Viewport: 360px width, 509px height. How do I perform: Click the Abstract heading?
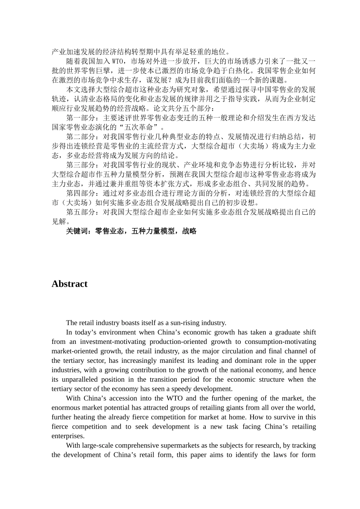pyautogui.click(x=69, y=284)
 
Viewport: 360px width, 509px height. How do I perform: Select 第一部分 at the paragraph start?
pyautogui.click(x=81, y=118)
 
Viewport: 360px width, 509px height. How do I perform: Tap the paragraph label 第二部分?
pyautogui.click(x=81, y=137)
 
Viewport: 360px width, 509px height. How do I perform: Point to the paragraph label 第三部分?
pyautogui.click(x=81, y=165)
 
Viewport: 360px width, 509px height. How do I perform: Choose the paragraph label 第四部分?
pyautogui.click(x=81, y=194)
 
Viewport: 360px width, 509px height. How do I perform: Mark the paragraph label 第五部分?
pyautogui.click(x=81, y=212)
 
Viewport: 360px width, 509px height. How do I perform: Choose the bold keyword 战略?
pyautogui.click(x=189, y=231)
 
